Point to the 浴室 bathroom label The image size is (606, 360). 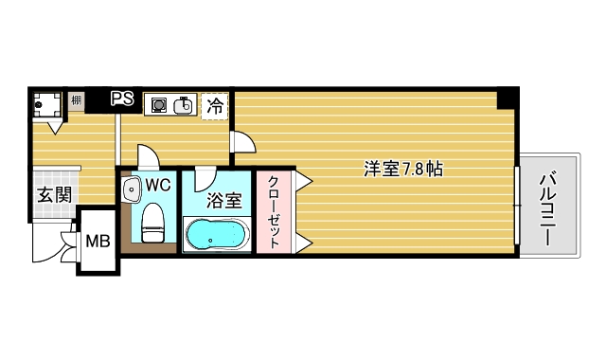(223, 201)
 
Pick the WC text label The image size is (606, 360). (158, 186)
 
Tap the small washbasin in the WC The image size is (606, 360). (131, 189)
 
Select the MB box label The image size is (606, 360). (98, 241)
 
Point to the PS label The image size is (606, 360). (122, 99)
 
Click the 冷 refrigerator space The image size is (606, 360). (216, 105)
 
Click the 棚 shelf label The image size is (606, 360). (76, 99)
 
